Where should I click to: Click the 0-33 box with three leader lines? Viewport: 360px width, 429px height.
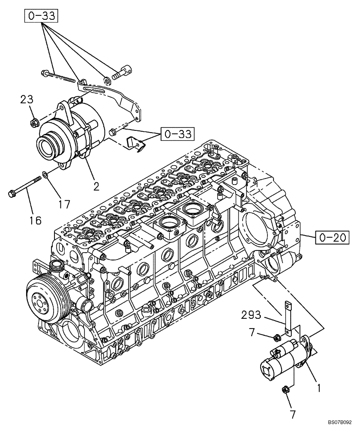(x=42, y=17)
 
